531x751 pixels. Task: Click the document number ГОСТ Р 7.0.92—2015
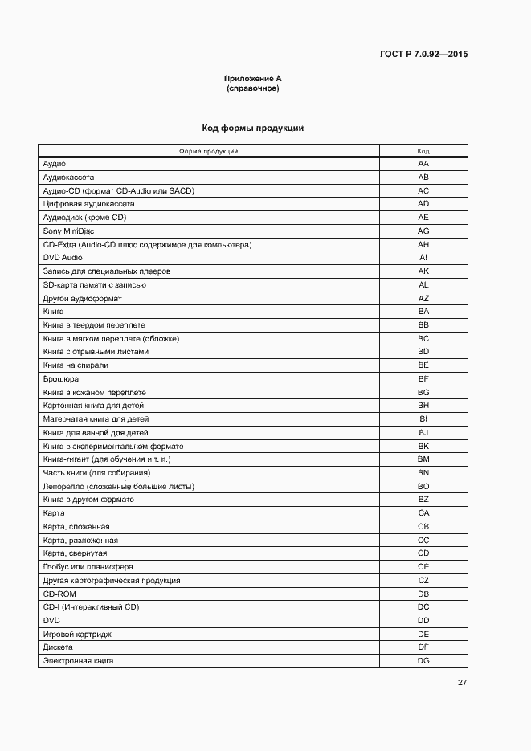pyautogui.click(x=423, y=55)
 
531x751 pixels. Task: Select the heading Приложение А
pyautogui.click(x=252, y=79)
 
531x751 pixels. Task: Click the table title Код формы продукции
pyautogui.click(x=252, y=129)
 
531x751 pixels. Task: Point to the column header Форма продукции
pyautogui.click(x=208, y=151)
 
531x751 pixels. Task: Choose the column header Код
pyautogui.click(x=423, y=151)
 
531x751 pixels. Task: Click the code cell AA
pyautogui.click(x=423, y=164)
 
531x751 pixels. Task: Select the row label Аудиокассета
pyautogui.click(x=69, y=178)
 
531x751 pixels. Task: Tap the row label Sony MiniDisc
pyautogui.click(x=68, y=231)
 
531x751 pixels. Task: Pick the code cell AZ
pyautogui.click(x=423, y=298)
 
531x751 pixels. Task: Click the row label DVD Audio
pyautogui.click(x=63, y=258)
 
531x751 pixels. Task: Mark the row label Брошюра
pyautogui.click(x=61, y=378)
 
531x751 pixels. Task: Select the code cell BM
pyautogui.click(x=423, y=459)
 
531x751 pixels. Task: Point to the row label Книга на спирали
pyautogui.click(x=76, y=365)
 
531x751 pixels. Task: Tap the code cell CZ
pyautogui.click(x=423, y=580)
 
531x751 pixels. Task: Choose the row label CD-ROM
pyautogui.click(x=59, y=594)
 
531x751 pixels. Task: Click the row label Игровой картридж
pyautogui.click(x=77, y=634)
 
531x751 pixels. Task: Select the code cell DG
pyautogui.click(x=423, y=660)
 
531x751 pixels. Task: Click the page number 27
pyautogui.click(x=462, y=683)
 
